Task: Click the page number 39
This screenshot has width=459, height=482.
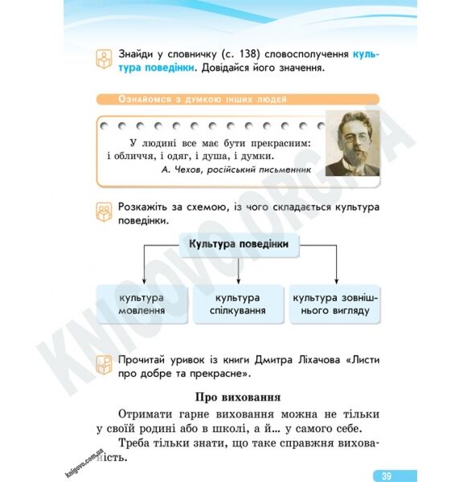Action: click(x=387, y=475)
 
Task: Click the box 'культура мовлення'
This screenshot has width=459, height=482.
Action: click(x=142, y=304)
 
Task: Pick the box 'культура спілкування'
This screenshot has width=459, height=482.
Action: click(x=239, y=304)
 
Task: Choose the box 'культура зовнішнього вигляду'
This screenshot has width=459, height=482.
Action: click(x=335, y=304)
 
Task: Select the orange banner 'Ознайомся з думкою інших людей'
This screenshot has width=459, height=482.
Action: click(x=193, y=100)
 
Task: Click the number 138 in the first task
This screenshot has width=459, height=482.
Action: click(x=248, y=54)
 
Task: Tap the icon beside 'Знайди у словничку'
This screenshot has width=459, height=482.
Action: click(x=104, y=59)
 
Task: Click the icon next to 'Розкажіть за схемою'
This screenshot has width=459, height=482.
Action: click(x=104, y=212)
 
